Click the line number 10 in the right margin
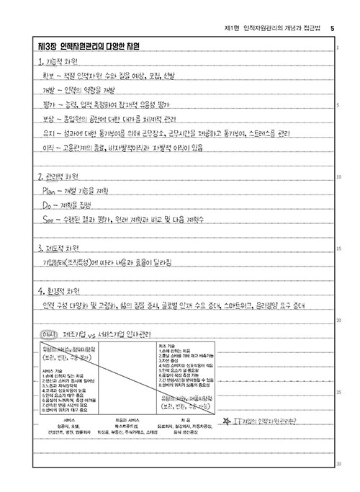point(338,177)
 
